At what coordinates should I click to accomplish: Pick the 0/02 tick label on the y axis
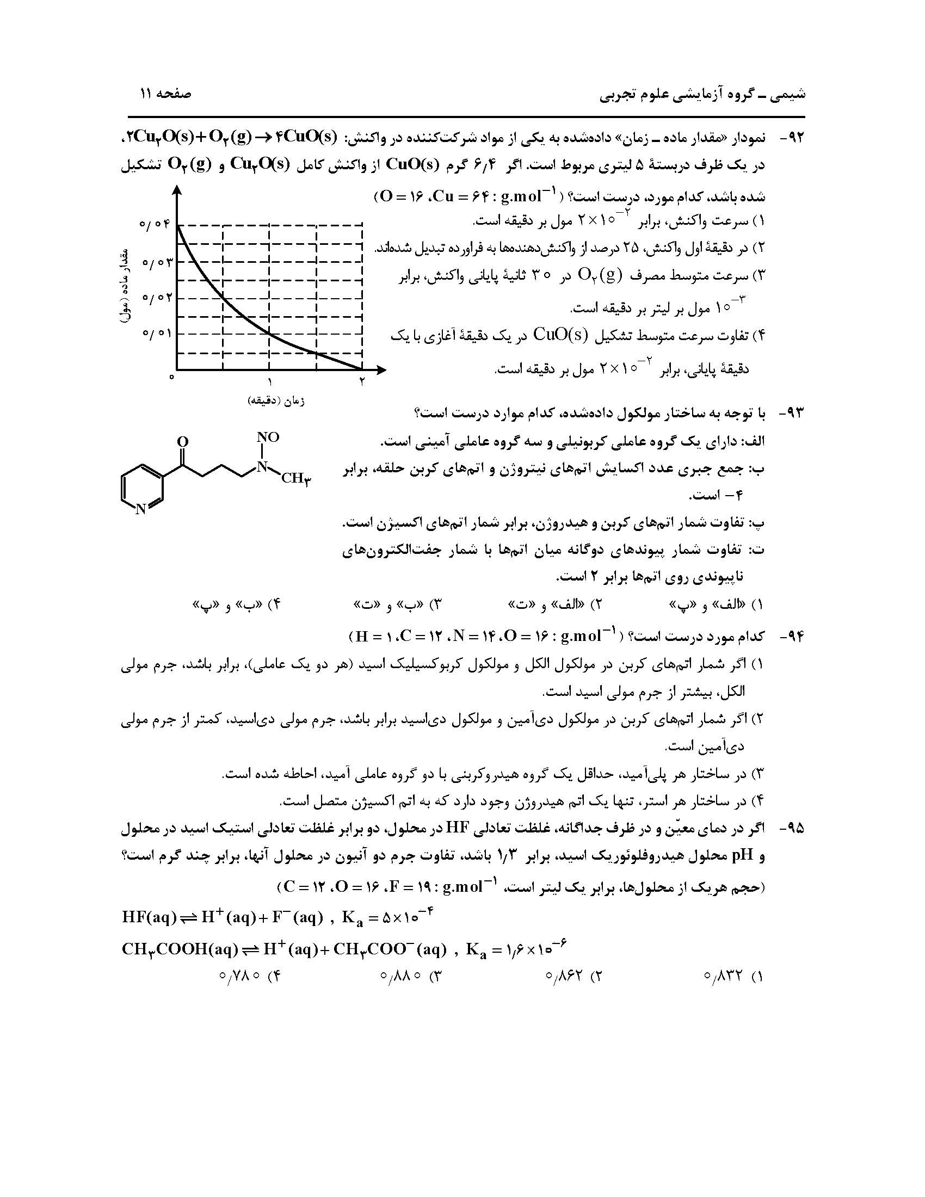coord(156,298)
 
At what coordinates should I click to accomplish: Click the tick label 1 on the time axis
coord(269,382)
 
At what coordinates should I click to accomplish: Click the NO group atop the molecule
coord(268,437)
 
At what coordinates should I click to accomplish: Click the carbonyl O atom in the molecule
coord(183,442)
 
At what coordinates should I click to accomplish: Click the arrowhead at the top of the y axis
coord(176,190)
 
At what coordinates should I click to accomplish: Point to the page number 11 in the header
coord(146,93)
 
